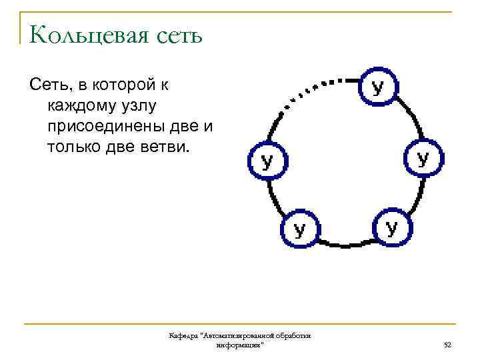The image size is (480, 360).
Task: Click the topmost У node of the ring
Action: (x=378, y=87)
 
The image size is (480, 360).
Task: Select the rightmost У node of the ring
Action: (x=423, y=158)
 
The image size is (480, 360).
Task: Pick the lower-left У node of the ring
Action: (x=300, y=229)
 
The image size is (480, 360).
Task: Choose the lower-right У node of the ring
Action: (x=392, y=227)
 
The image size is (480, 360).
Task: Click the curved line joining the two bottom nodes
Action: (x=346, y=245)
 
